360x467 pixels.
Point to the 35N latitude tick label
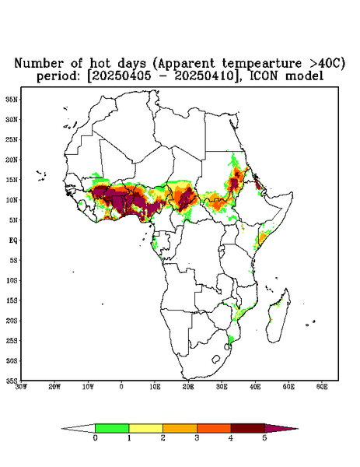[12, 99]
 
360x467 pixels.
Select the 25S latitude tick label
[12, 340]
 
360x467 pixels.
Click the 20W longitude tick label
[54, 387]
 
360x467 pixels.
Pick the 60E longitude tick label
[322, 387]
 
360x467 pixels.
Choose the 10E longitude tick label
[155, 387]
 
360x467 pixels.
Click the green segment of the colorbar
[112, 428]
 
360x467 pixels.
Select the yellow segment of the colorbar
[145, 428]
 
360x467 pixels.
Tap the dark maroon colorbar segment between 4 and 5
[248, 428]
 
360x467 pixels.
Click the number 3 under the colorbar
[197, 438]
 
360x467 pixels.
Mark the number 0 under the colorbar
[95, 438]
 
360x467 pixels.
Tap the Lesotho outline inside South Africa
[216, 359]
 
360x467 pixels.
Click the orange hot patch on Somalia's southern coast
[262, 237]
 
